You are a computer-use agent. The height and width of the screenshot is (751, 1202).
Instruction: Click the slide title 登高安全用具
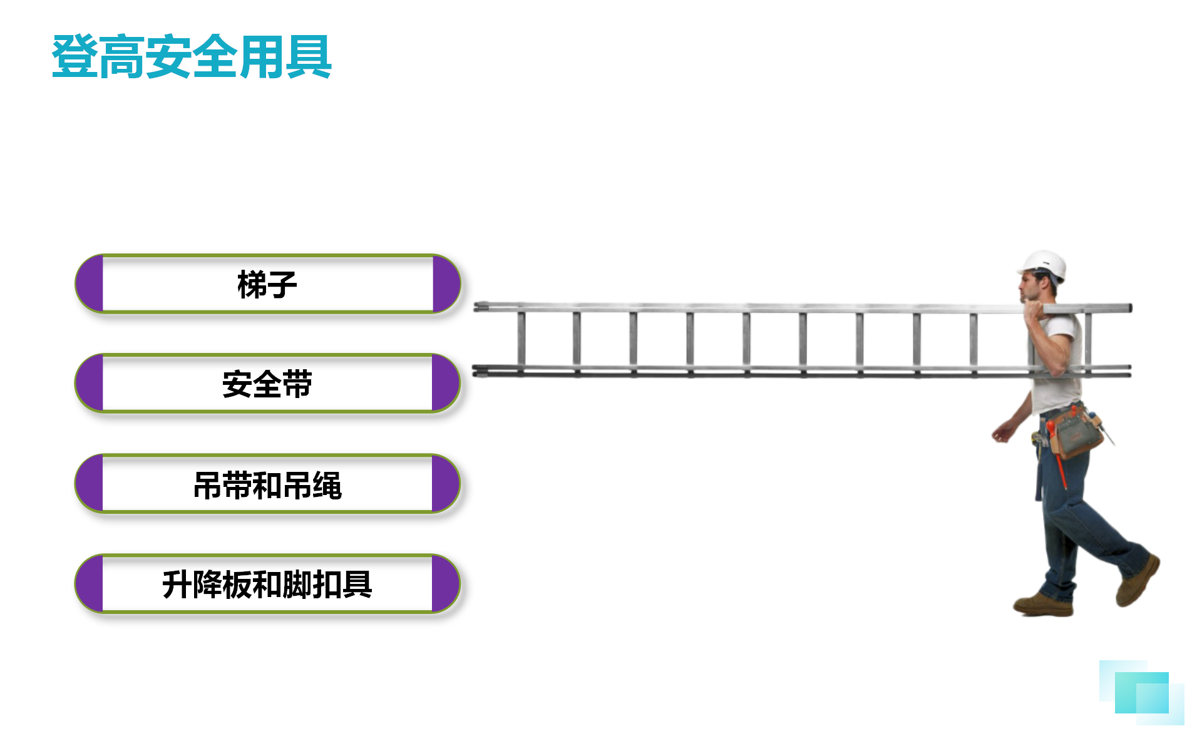(x=192, y=57)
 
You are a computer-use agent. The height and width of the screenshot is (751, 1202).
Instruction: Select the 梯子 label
(x=267, y=285)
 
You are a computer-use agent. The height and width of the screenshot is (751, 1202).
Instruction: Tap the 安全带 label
(x=267, y=384)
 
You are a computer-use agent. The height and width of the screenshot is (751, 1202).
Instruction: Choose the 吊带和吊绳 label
(x=267, y=485)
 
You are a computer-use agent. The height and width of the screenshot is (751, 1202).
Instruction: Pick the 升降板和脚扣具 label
(x=267, y=585)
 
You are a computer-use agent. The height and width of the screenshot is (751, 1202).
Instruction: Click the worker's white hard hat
(x=1043, y=266)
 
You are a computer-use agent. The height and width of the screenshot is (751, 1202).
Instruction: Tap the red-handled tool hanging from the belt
(x=1058, y=457)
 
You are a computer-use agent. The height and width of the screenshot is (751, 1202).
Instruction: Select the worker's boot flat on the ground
(x=1043, y=605)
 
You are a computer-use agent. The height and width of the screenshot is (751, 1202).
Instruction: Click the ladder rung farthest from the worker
(x=521, y=340)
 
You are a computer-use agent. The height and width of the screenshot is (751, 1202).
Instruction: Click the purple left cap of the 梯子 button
(x=90, y=284)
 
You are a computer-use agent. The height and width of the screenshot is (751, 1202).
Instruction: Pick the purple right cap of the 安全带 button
(x=446, y=383)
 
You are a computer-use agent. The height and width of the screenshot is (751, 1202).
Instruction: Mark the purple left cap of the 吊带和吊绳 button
(x=89, y=484)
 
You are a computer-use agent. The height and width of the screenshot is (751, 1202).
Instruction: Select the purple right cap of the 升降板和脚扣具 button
(x=446, y=584)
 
